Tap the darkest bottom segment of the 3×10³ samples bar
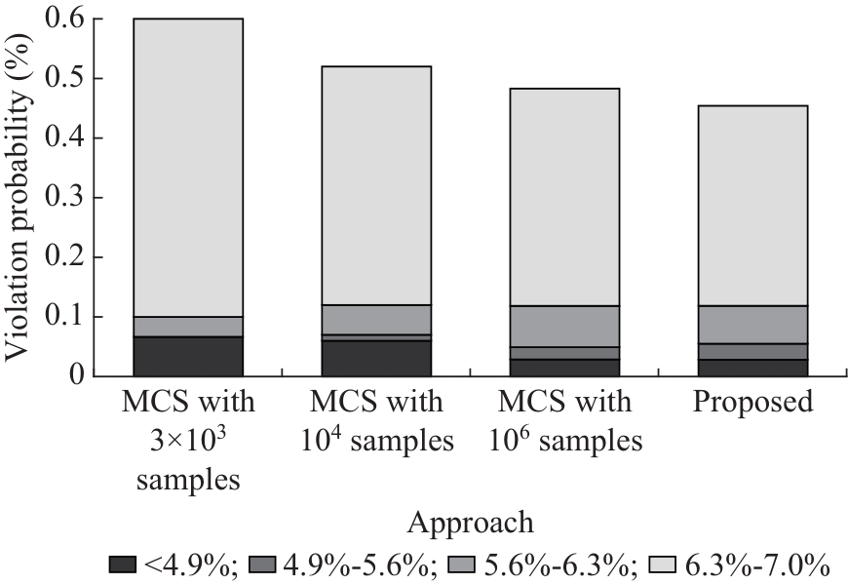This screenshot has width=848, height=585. click(x=188, y=356)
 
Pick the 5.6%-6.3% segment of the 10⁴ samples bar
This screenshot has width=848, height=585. click(x=376, y=320)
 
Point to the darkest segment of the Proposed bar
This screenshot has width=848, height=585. click(x=752, y=368)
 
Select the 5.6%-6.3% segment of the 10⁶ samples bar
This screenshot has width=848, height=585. click(x=564, y=326)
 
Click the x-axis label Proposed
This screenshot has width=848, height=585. click(x=752, y=403)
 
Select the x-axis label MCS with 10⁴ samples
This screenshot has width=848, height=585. click(x=376, y=421)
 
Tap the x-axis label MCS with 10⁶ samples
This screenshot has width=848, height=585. click(x=564, y=421)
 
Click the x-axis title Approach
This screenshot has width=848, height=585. click(x=471, y=523)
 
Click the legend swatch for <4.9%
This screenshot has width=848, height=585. click(x=123, y=564)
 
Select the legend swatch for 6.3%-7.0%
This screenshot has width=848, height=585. click(x=663, y=564)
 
